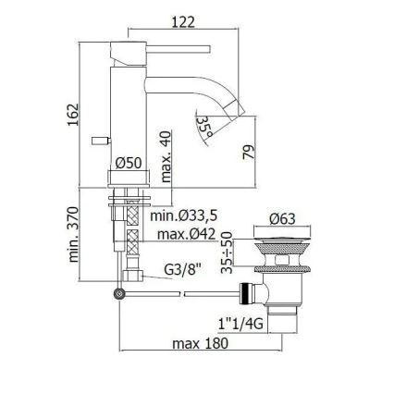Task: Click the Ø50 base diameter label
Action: click(128, 163)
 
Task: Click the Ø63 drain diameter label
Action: click(282, 219)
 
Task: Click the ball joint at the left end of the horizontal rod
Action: click(118, 293)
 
